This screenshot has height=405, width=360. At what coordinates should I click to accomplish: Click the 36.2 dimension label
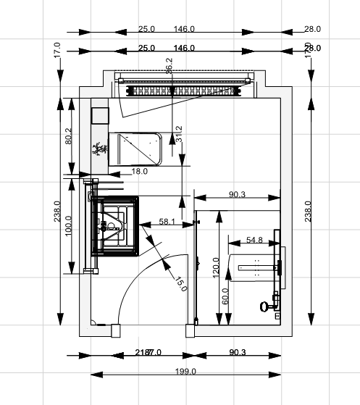pos(169,65)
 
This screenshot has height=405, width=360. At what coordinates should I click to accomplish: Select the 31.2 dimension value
pos(179,135)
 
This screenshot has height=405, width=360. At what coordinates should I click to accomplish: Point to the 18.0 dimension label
pos(139,172)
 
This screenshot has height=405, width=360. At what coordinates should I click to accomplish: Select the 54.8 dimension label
pos(255,240)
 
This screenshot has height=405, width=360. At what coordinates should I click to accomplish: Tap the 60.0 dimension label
pos(225,296)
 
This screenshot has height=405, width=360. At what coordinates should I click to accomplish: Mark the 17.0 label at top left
pos(56,50)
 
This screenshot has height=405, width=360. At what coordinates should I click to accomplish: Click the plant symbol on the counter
pos(99,149)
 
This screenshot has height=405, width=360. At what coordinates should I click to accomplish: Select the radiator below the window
pos(183,91)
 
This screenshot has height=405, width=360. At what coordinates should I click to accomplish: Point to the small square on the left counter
pos(99,116)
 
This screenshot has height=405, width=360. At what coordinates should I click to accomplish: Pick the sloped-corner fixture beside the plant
pos(137,149)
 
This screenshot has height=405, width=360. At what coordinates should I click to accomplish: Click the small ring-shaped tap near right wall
pos(263,307)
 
